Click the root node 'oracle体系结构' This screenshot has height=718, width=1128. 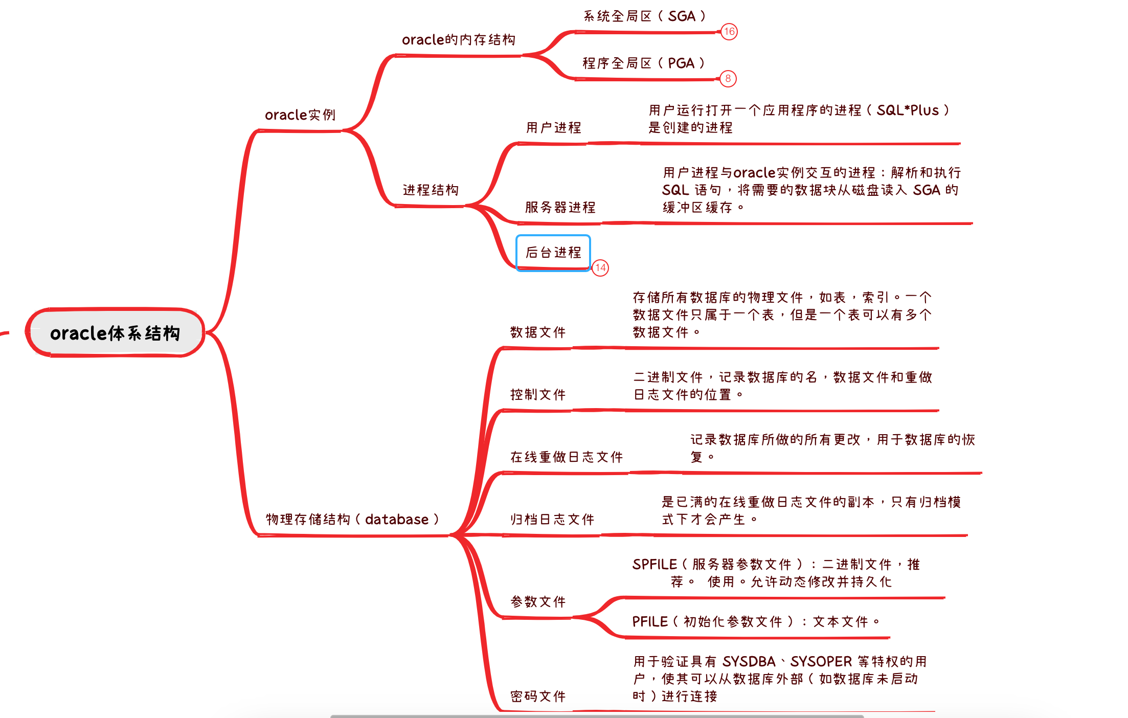pyautogui.click(x=115, y=333)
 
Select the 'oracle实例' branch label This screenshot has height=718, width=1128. pyautogui.click(x=300, y=115)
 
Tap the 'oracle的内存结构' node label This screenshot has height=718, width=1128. pyautogui.click(x=458, y=40)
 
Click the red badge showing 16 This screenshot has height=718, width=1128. pyautogui.click(x=729, y=32)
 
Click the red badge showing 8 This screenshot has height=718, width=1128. pyautogui.click(x=728, y=79)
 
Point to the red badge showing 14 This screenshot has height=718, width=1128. pyautogui.click(x=600, y=267)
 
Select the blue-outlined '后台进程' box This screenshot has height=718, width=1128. pyautogui.click(x=553, y=253)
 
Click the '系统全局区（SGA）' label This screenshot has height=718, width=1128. pyautogui.click(x=644, y=16)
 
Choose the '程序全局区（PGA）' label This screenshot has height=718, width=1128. pyautogui.click(x=643, y=63)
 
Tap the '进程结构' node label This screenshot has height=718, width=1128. pyautogui.click(x=431, y=190)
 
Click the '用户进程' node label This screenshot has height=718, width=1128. pyautogui.click(x=554, y=128)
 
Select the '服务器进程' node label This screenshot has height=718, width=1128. pyautogui.click(x=560, y=208)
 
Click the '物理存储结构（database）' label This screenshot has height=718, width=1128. pyautogui.click(x=352, y=520)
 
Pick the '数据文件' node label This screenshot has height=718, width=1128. pyautogui.click(x=538, y=332)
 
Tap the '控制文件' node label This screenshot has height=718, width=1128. pyautogui.click(x=538, y=395)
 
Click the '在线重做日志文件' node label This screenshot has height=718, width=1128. pyautogui.click(x=567, y=457)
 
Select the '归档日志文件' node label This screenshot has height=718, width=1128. pyautogui.click(x=552, y=520)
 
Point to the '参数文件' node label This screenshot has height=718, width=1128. pyautogui.click(x=538, y=602)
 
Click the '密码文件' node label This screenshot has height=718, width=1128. pyautogui.click(x=538, y=697)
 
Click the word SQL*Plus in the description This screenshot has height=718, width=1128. pyautogui.click(x=908, y=110)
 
